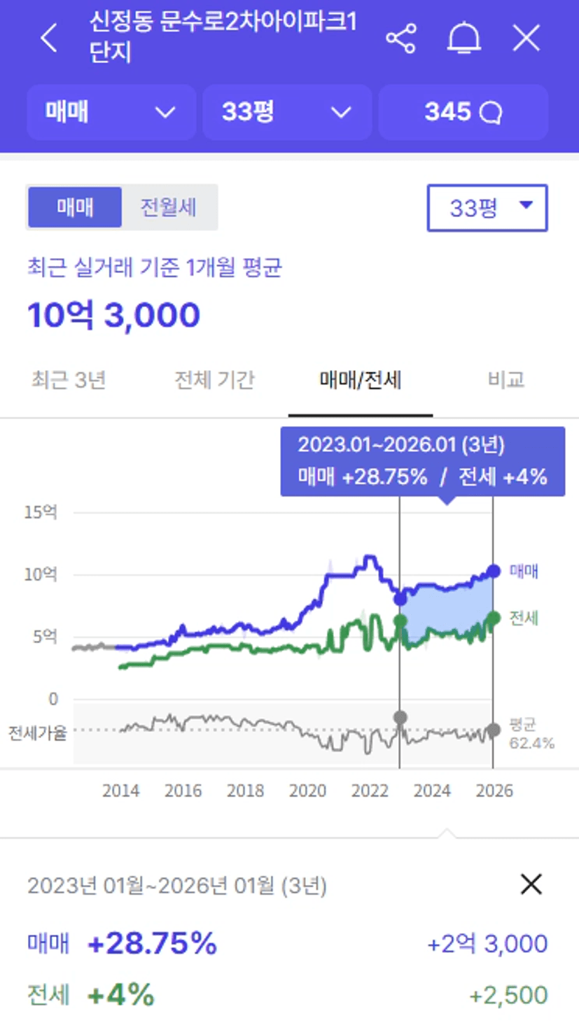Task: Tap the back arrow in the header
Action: (49, 38)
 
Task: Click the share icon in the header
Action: (400, 38)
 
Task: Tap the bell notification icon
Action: (463, 38)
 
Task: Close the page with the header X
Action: (526, 38)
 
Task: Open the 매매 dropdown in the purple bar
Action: (111, 112)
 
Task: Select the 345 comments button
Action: (463, 112)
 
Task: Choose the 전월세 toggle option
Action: (169, 207)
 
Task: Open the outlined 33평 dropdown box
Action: (487, 208)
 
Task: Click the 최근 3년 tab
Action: (69, 380)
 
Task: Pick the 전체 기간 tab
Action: (214, 380)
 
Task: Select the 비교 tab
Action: (505, 380)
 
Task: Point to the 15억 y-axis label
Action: (41, 512)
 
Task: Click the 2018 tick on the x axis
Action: (246, 791)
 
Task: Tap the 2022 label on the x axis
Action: (370, 791)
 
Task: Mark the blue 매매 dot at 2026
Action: (493, 571)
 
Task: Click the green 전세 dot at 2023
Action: (400, 620)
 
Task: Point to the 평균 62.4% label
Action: (531, 733)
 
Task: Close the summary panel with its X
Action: (531, 885)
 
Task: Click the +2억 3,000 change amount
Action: (487, 944)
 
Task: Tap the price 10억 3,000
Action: (114, 315)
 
